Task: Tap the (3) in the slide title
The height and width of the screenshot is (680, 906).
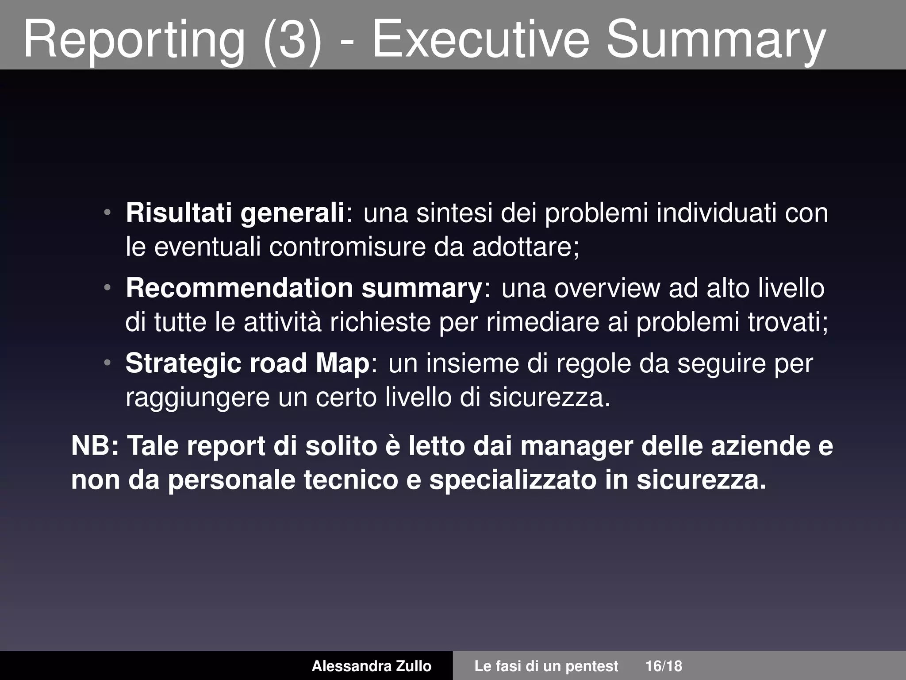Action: click(292, 41)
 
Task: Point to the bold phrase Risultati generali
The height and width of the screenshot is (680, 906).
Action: click(235, 213)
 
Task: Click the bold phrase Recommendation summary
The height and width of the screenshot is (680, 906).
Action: click(303, 288)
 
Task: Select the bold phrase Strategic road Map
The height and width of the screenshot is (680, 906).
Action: click(247, 363)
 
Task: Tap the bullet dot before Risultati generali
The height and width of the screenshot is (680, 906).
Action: click(107, 212)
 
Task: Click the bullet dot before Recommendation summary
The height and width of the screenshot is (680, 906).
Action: click(107, 288)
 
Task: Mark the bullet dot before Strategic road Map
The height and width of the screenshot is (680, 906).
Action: click(107, 363)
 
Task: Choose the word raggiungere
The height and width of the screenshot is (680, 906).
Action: click(197, 398)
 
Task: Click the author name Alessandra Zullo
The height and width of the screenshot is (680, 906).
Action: click(372, 666)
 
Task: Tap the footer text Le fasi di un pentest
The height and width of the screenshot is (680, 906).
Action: click(546, 666)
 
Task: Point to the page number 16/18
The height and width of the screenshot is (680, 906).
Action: click(664, 666)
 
